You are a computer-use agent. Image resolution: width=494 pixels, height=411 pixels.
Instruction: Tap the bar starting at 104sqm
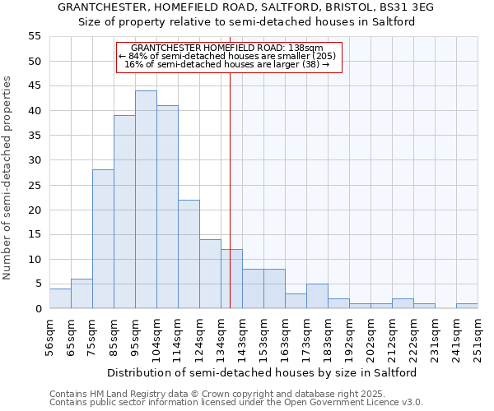tap(167, 207)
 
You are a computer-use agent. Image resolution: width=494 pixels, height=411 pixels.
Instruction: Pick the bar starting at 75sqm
tap(103, 239)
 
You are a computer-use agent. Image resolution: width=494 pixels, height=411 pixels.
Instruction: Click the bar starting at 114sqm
tap(189, 254)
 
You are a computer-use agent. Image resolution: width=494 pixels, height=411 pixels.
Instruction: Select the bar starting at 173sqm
tap(317, 296)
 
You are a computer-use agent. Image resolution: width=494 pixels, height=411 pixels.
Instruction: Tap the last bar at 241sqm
tap(467, 306)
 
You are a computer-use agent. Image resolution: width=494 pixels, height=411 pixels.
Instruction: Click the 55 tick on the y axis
tap(34, 36)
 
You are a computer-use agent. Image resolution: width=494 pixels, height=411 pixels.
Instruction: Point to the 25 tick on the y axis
tap(34, 185)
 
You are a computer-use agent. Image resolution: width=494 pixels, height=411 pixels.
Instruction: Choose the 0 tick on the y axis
tap(37, 308)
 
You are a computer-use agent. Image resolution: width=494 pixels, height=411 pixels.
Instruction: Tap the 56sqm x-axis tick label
tap(50, 336)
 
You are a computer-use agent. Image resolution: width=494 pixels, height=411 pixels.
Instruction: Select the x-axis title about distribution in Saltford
tap(263, 372)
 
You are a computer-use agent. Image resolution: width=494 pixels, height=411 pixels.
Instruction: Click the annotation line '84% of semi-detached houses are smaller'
tap(227, 56)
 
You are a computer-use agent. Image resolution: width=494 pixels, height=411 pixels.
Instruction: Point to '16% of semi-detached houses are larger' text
tap(227, 64)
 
